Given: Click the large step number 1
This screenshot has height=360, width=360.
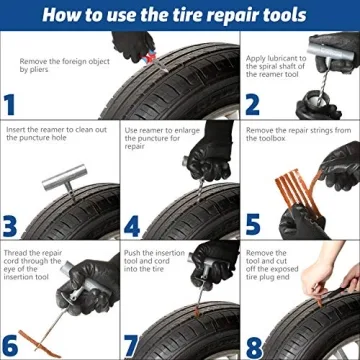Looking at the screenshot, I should tap(9, 105).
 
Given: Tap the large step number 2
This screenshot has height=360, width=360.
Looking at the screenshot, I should tap(252, 105).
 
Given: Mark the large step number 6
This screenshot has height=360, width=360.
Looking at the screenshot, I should tap(10, 346).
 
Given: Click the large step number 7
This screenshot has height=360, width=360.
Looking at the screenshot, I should tap(132, 346).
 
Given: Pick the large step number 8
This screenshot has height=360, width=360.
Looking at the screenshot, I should tap(252, 346).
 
